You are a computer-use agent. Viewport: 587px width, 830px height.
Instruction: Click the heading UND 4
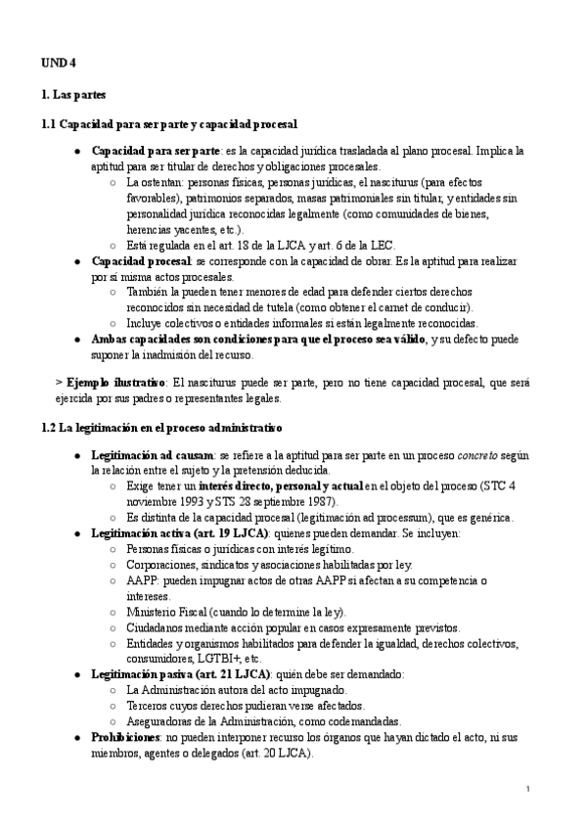(58, 64)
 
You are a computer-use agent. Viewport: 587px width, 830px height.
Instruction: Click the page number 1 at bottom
(527, 789)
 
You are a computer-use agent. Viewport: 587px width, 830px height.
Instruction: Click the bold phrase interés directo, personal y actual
(282, 486)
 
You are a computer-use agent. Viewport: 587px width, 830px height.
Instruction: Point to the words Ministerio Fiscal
(169, 611)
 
